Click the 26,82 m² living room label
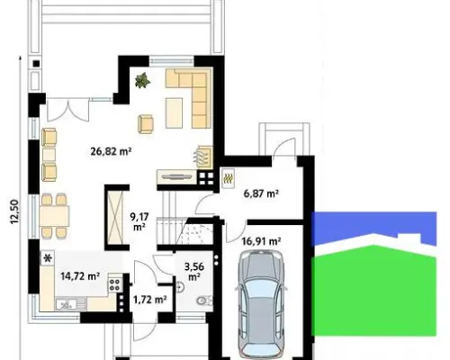[111, 151]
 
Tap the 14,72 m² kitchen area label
[80, 275]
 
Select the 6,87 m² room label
[261, 193]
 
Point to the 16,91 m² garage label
[261, 241]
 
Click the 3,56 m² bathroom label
[194, 272]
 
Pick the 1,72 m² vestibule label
[150, 299]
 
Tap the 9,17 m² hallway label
[139, 221]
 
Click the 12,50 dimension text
[14, 211]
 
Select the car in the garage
[261, 303]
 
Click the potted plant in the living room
[142, 80]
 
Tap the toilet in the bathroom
[204, 300]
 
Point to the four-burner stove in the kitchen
[114, 284]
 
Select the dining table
[54, 216]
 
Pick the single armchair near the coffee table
[146, 124]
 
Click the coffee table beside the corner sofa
[174, 113]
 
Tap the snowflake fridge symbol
[48, 258]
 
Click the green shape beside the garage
[374, 290]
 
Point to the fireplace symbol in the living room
[205, 157]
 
